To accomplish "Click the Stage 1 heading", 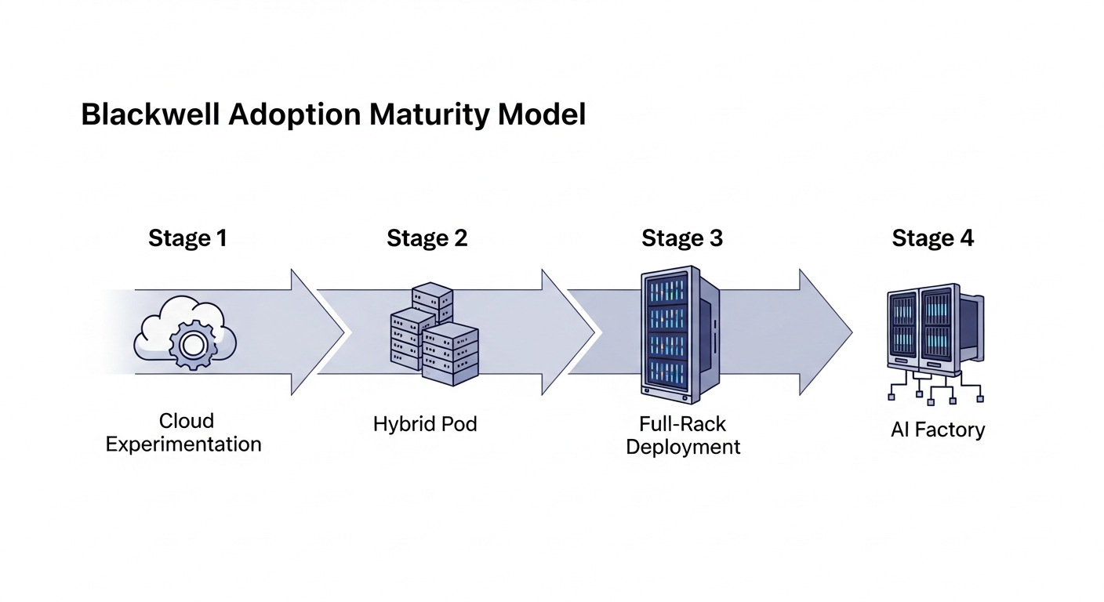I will pyautogui.click(x=187, y=238).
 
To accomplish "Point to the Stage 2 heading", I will pyautogui.click(x=427, y=238).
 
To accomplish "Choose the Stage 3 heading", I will pyautogui.click(x=682, y=238).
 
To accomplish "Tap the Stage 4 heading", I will pyautogui.click(x=933, y=238).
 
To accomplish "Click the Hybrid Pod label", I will pyautogui.click(x=425, y=424).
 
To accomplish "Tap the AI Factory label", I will pyautogui.click(x=938, y=430).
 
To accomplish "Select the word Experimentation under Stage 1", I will pyautogui.click(x=183, y=444).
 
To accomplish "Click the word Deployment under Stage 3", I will pyautogui.click(x=684, y=447).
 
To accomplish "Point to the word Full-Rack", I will pyautogui.click(x=683, y=424).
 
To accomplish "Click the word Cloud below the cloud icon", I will pyautogui.click(x=187, y=421).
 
